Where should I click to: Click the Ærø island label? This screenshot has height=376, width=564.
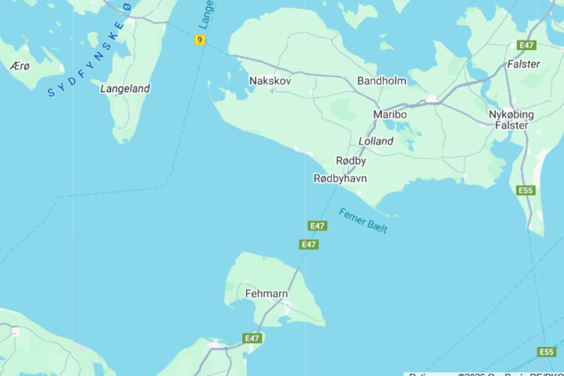(19, 66)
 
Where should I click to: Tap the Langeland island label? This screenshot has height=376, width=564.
(125, 88)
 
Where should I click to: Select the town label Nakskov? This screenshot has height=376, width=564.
(270, 81)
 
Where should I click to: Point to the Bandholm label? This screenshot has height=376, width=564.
(382, 81)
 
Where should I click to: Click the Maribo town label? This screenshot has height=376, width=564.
(390, 114)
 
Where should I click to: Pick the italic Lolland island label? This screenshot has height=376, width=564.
(376, 141)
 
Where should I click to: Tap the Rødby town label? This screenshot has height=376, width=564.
(351, 161)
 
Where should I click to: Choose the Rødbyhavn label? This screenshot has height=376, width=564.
(340, 179)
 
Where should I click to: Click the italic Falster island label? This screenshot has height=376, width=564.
(524, 64)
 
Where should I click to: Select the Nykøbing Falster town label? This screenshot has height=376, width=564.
(511, 120)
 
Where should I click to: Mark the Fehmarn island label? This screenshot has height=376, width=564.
(266, 294)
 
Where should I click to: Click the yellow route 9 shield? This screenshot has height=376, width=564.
(200, 40)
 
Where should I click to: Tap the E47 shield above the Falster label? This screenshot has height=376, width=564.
(525, 45)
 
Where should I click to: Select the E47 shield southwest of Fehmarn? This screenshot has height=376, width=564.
(252, 338)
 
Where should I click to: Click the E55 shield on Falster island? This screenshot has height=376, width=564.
(525, 190)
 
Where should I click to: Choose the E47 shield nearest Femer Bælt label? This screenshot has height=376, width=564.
(318, 226)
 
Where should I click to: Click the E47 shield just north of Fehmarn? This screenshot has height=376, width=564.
(308, 244)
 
